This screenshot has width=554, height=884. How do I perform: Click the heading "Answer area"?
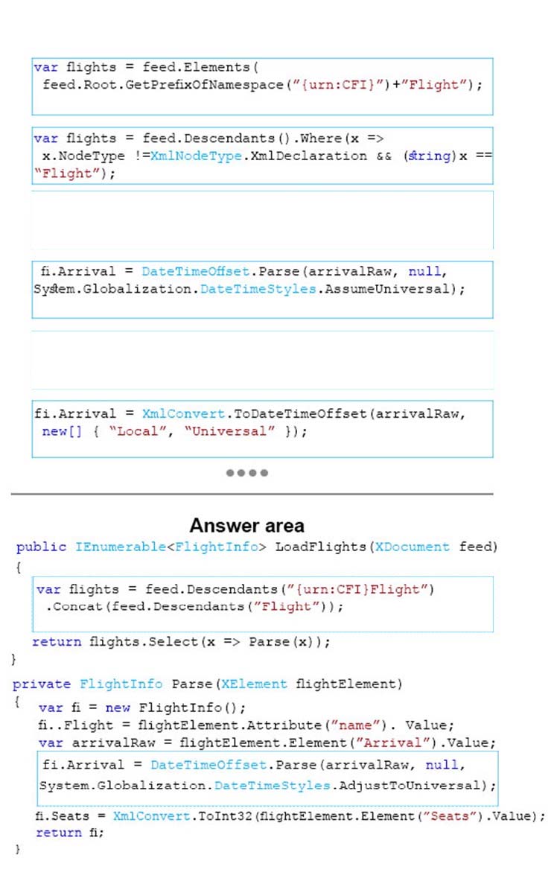coord(247,526)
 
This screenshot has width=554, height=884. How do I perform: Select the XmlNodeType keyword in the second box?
coord(196,156)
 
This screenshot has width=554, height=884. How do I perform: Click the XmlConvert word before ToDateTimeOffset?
coord(184,414)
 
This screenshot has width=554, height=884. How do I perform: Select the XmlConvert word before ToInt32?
coord(151,815)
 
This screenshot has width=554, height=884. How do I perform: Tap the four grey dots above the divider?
coord(247,472)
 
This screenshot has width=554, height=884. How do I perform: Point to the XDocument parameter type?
coord(413,547)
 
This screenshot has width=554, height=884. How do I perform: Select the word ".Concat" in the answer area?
coord(74,607)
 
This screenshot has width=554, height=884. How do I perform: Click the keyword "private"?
coord(42,684)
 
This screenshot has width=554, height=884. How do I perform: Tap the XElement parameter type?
coord(254,684)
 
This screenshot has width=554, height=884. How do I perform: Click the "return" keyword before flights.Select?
coord(57,641)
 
